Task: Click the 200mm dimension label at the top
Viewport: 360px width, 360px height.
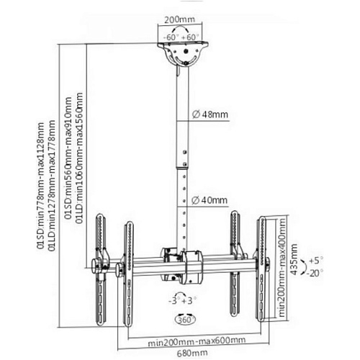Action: click(179, 19)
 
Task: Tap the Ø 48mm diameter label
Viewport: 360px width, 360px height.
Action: click(210, 114)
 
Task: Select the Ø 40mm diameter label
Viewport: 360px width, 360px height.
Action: click(210, 200)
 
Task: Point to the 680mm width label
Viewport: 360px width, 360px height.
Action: click(192, 353)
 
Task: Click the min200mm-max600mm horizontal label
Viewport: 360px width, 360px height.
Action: click(197, 341)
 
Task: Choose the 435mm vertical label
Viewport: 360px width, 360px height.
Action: click(294, 259)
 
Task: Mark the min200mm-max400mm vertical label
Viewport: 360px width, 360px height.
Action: click(282, 267)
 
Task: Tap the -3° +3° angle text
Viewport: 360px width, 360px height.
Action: click(182, 301)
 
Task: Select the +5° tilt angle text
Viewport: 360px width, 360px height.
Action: click(315, 261)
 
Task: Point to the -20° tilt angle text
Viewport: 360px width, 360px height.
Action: click(315, 273)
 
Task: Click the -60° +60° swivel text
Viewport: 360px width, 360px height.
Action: click(181, 37)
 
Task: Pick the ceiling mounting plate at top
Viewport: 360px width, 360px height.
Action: click(183, 45)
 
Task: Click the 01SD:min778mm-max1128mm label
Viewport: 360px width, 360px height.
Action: click(40, 186)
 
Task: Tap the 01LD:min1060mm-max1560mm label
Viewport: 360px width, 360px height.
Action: click(79, 158)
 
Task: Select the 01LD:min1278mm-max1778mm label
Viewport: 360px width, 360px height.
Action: click(51, 186)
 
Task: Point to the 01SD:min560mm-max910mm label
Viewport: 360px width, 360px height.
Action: click(68, 158)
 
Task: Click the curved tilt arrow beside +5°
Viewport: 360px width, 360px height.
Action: click(305, 266)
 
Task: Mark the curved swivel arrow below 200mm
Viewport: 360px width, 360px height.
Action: click(180, 29)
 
